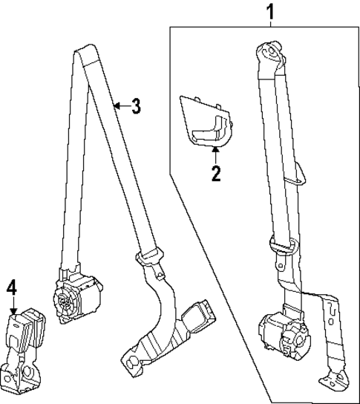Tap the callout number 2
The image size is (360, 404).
coord(216,174)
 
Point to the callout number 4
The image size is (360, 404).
coord(11,286)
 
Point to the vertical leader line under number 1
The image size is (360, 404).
coord(270,23)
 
